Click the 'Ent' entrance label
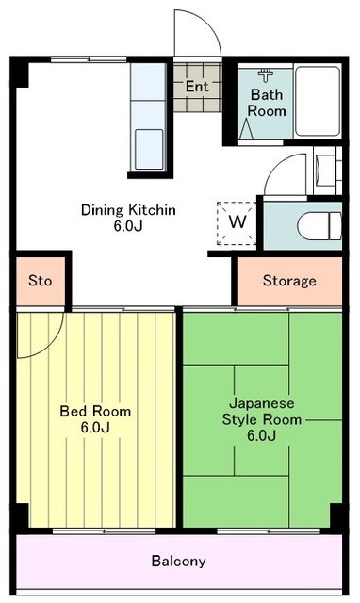(x=196, y=87)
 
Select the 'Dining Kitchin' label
(x=128, y=209)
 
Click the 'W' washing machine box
(x=238, y=222)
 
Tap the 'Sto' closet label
(x=40, y=281)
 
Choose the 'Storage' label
(x=288, y=281)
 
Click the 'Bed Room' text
(x=95, y=412)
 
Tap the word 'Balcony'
(x=178, y=561)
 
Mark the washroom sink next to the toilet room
(x=325, y=171)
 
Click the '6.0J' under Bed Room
(x=95, y=428)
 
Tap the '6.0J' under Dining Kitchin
(x=128, y=226)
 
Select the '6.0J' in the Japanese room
(x=261, y=435)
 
